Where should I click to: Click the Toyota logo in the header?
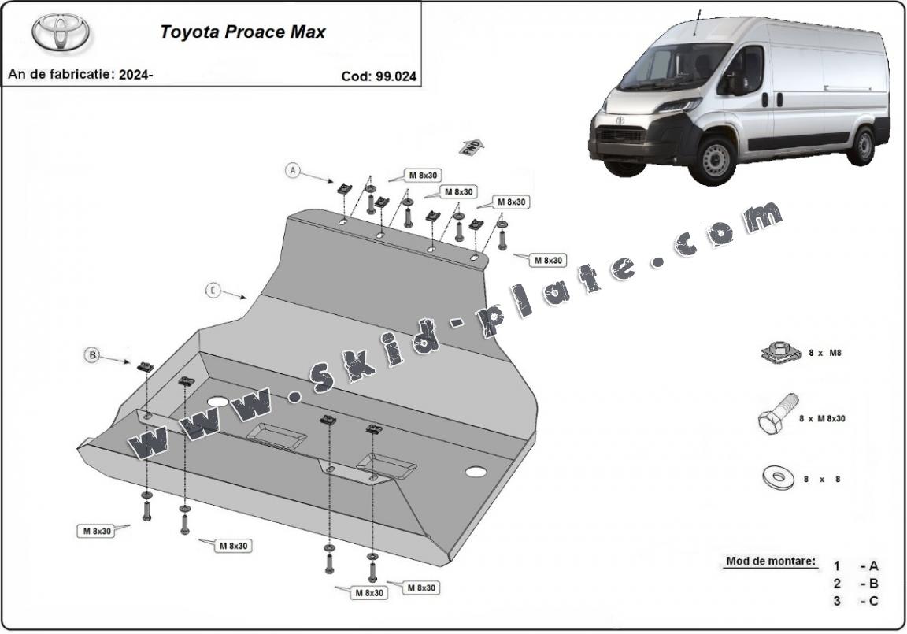61,33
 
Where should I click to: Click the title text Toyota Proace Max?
242,32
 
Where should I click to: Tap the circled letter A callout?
293,170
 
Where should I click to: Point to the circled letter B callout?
92,356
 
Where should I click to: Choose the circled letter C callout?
213,290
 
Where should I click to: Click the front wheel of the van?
716,159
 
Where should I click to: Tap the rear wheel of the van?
864,146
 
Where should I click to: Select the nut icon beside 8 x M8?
779,353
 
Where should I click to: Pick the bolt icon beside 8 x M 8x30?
776,414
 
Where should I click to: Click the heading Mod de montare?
771,562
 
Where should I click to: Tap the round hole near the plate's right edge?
475,472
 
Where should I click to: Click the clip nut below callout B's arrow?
146,366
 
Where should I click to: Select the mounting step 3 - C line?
857,601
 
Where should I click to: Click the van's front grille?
622,134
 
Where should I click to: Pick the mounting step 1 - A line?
857,565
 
